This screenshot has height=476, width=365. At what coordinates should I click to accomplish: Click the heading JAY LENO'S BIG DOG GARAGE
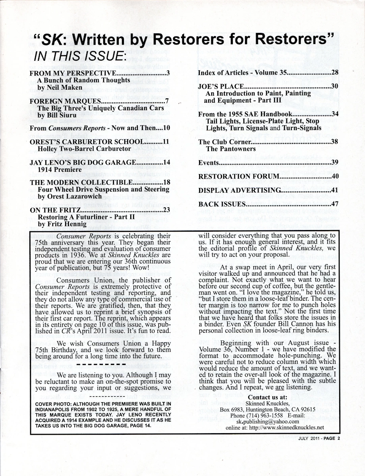pos(83,163)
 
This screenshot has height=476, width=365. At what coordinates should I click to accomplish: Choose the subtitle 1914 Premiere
pos(56,169)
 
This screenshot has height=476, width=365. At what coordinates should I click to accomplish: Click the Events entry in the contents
pos(209,163)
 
